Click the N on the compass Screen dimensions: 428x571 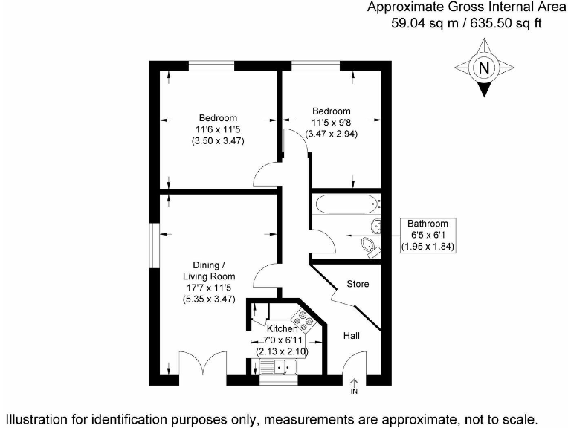point(485,68)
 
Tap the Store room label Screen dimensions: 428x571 point(358,284)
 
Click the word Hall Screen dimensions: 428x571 point(352,336)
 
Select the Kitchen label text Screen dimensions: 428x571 point(283,328)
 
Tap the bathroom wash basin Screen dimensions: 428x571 point(375,226)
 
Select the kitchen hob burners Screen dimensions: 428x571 point(305,317)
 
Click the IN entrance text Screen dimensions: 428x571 point(354,391)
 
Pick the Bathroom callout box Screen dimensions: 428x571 point(428,235)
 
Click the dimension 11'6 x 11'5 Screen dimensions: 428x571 point(218,129)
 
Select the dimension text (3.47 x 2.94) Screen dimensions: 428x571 point(332,134)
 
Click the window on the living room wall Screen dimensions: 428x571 point(153,243)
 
